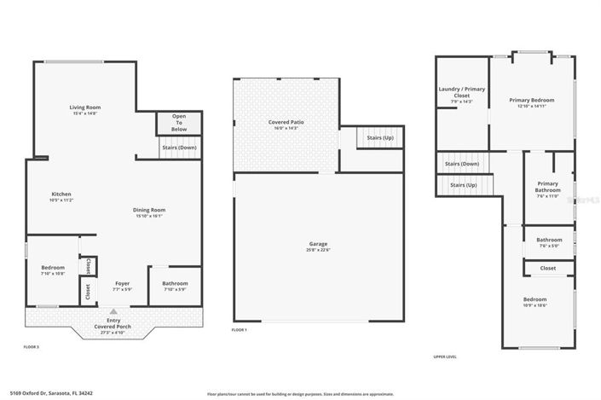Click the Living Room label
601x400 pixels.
pyautogui.click(x=85, y=107)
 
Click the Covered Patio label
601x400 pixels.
pyautogui.click(x=286, y=123)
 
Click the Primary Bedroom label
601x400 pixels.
pyautogui.click(x=531, y=101)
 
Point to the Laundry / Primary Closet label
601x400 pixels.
pyautogui.click(x=461, y=93)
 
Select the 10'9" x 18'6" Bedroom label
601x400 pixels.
pyautogui.click(x=535, y=300)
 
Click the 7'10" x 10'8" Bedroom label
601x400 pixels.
pyautogui.click(x=53, y=269)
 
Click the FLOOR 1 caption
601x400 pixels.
pyautogui.click(x=240, y=330)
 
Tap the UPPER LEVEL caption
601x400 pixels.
pyautogui.click(x=446, y=357)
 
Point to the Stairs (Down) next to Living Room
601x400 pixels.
pyautogui.click(x=179, y=147)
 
